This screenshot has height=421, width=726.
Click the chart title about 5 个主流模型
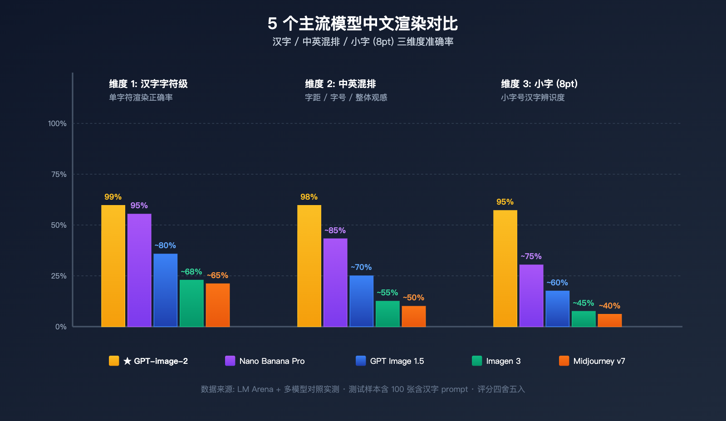click(363, 23)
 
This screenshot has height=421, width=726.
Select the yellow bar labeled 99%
click(113, 266)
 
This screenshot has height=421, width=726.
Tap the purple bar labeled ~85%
click(335, 282)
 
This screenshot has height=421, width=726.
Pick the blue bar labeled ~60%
click(557, 308)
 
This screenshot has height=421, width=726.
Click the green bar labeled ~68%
click(191, 303)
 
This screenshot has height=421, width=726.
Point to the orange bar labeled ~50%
click(413, 316)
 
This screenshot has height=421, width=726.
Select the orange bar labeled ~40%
click(609, 320)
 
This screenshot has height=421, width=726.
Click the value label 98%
click(309, 197)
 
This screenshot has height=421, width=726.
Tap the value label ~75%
click(531, 256)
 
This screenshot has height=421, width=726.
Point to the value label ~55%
click(387, 293)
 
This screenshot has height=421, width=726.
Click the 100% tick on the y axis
click(57, 123)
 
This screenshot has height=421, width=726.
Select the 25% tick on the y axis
click(59, 276)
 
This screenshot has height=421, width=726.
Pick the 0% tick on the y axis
click(61, 327)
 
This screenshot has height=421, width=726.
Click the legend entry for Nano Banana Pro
click(272, 361)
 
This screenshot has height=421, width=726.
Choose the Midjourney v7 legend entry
click(599, 361)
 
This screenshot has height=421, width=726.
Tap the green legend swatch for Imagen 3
click(477, 361)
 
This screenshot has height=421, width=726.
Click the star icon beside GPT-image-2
click(128, 361)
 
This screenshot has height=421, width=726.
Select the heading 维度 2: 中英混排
click(340, 84)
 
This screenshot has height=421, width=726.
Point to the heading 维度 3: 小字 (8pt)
click(539, 84)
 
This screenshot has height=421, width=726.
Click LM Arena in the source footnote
click(255, 389)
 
